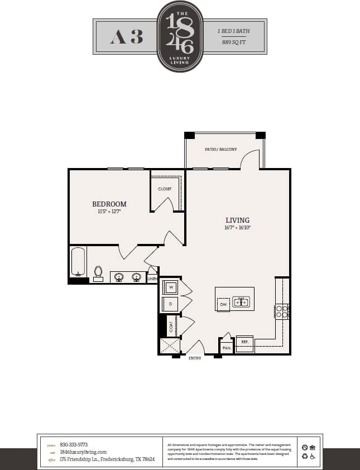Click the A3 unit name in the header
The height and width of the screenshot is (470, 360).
click(x=127, y=37)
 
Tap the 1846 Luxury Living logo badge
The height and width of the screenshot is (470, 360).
click(x=180, y=36)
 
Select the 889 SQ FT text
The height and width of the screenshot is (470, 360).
click(x=235, y=42)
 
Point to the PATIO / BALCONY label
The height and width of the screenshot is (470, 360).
click(x=221, y=150)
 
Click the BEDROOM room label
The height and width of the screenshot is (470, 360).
click(x=109, y=204)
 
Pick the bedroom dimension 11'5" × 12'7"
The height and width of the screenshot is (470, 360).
click(x=109, y=212)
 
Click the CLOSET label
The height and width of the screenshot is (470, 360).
click(x=165, y=189)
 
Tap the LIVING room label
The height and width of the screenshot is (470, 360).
click(x=238, y=220)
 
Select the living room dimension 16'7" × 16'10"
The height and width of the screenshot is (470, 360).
click(x=238, y=228)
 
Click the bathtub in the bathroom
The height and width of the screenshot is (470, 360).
click(x=78, y=262)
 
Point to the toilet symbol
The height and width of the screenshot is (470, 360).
click(x=98, y=273)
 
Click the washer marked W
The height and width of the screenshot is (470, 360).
click(x=170, y=287)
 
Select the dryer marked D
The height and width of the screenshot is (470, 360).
click(x=170, y=304)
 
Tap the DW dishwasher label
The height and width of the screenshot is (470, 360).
click(x=223, y=305)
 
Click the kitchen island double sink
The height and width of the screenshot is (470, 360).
click(x=241, y=303)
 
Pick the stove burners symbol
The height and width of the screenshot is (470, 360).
click(x=282, y=311)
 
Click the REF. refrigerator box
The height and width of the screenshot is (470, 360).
click(x=244, y=342)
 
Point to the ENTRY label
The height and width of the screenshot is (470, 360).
click(x=195, y=358)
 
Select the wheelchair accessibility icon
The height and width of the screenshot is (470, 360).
click(x=313, y=456)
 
